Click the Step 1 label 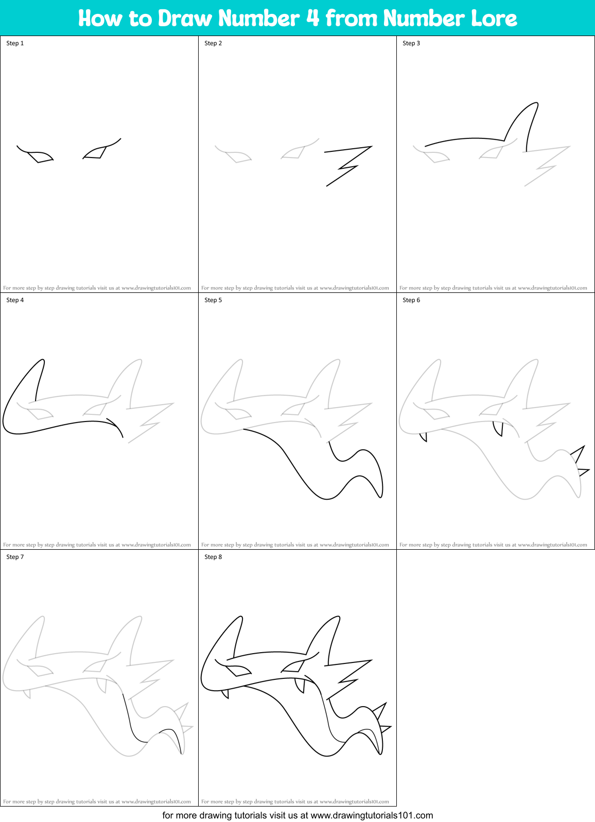(x=15, y=43)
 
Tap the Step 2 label (x=213, y=43)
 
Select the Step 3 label (x=411, y=43)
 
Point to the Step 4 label (x=15, y=300)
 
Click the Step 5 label (x=213, y=300)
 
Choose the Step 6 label (x=411, y=300)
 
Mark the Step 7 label (x=15, y=557)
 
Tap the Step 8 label (x=213, y=557)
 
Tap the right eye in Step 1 (x=96, y=152)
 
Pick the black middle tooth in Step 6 (x=498, y=428)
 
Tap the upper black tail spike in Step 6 (x=579, y=454)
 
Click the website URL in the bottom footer (x=372, y=815)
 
